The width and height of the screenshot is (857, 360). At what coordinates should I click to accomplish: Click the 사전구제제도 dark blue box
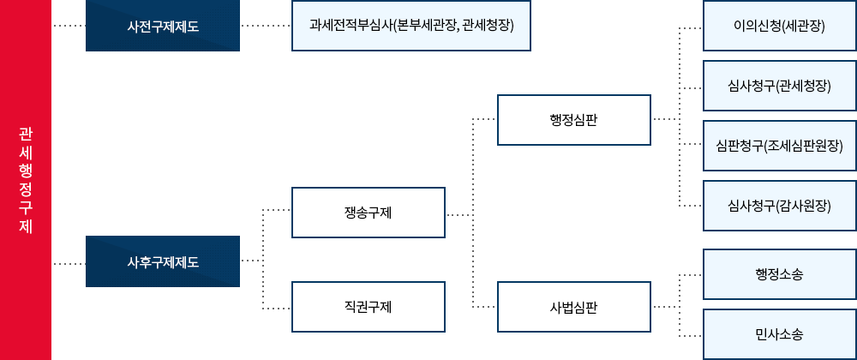tap(163, 26)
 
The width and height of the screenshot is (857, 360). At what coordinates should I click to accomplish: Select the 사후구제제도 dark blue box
tap(163, 261)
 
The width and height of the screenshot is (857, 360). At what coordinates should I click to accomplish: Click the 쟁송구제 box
tap(369, 213)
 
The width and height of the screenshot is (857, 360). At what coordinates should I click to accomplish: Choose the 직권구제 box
tap(369, 306)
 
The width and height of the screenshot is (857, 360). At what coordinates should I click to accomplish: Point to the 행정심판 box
tap(574, 120)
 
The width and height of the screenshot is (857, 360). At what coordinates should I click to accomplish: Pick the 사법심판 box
tap(574, 306)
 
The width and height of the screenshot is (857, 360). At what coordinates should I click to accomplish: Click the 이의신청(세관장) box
tap(779, 26)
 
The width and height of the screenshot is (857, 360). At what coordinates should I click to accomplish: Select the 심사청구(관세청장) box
tap(779, 86)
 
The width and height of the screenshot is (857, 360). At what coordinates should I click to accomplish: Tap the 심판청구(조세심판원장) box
tap(779, 146)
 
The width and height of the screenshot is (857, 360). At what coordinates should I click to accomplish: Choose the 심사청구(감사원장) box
tap(779, 206)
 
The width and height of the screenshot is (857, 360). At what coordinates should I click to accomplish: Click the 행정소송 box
tap(779, 273)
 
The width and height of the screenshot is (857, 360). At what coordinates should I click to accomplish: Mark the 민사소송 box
tap(779, 333)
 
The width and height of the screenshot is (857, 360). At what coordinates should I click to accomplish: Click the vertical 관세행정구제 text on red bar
tap(26, 180)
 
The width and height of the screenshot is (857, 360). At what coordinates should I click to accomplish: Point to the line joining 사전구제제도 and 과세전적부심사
tap(266, 26)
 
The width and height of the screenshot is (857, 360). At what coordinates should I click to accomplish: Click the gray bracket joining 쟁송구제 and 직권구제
tap(277, 259)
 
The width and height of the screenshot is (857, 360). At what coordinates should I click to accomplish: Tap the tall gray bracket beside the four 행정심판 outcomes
tap(676, 117)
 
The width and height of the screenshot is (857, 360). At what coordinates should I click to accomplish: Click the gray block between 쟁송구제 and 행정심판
tap(470, 213)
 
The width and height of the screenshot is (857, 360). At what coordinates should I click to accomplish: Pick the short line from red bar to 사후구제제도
tap(69, 263)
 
